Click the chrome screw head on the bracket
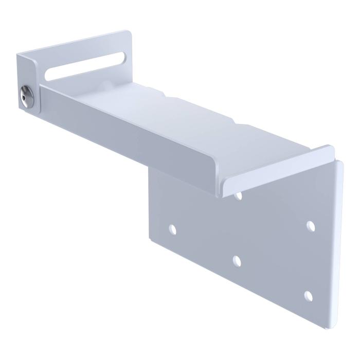click(25, 96)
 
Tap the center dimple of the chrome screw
click(24, 96)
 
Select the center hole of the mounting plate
click(237, 261)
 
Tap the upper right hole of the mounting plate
click(310, 225)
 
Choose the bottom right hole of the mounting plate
click(309, 295)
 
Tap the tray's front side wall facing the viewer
click(129, 139)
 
